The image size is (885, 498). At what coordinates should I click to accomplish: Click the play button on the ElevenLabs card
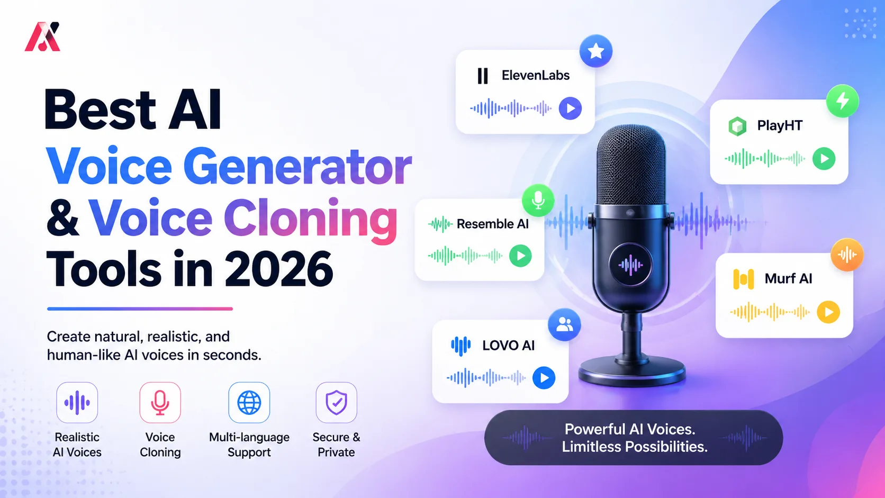pos(570,108)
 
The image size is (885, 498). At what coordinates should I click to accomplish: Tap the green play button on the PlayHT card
pos(824,158)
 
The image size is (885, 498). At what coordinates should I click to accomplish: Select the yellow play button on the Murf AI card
pos(828,312)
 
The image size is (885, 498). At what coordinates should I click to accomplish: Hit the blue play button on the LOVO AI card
pos(544,378)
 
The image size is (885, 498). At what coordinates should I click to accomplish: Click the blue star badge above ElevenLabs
pos(596,51)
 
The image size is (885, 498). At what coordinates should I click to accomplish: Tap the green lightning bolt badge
pos(842,101)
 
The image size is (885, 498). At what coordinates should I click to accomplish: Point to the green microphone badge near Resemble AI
pos(538,200)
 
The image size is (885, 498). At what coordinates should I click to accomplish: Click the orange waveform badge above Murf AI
pos(847,255)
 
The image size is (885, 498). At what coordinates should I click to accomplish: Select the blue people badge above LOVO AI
pos(564,324)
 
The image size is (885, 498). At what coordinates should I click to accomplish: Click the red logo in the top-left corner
pos(43,37)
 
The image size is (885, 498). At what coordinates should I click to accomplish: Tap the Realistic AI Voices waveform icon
pos(77,403)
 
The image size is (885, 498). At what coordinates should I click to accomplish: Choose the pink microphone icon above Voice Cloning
pos(160,403)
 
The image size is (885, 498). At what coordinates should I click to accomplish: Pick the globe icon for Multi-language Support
pos(249,403)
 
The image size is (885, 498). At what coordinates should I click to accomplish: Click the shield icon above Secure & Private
pos(336,403)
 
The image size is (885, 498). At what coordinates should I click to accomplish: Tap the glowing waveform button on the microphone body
pos(630,265)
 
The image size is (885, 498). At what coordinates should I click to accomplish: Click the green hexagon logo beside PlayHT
pos(737,126)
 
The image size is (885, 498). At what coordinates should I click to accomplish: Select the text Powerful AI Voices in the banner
pos(630,429)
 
